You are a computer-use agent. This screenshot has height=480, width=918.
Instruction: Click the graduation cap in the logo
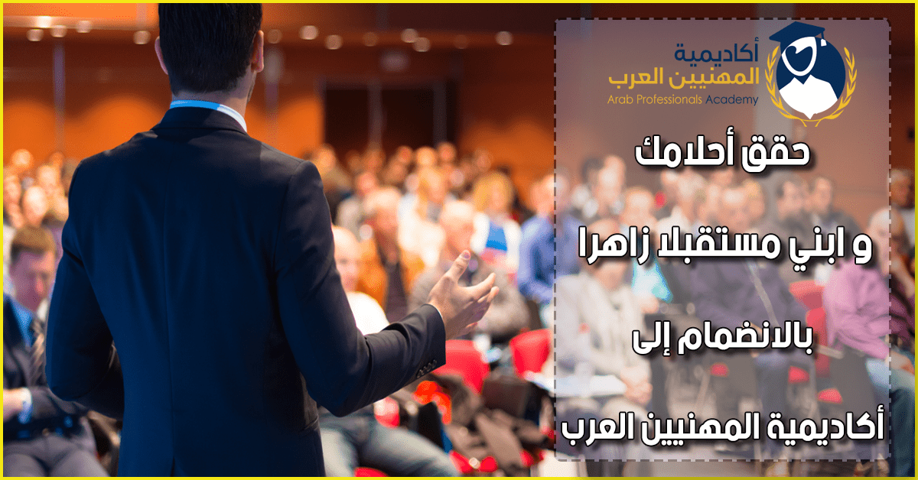click(x=796, y=33)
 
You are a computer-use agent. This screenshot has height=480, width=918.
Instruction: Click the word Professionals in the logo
click(x=669, y=99)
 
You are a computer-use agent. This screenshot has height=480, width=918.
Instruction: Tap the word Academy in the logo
click(x=731, y=100)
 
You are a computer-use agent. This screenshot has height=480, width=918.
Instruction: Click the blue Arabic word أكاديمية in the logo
click(x=716, y=52)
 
